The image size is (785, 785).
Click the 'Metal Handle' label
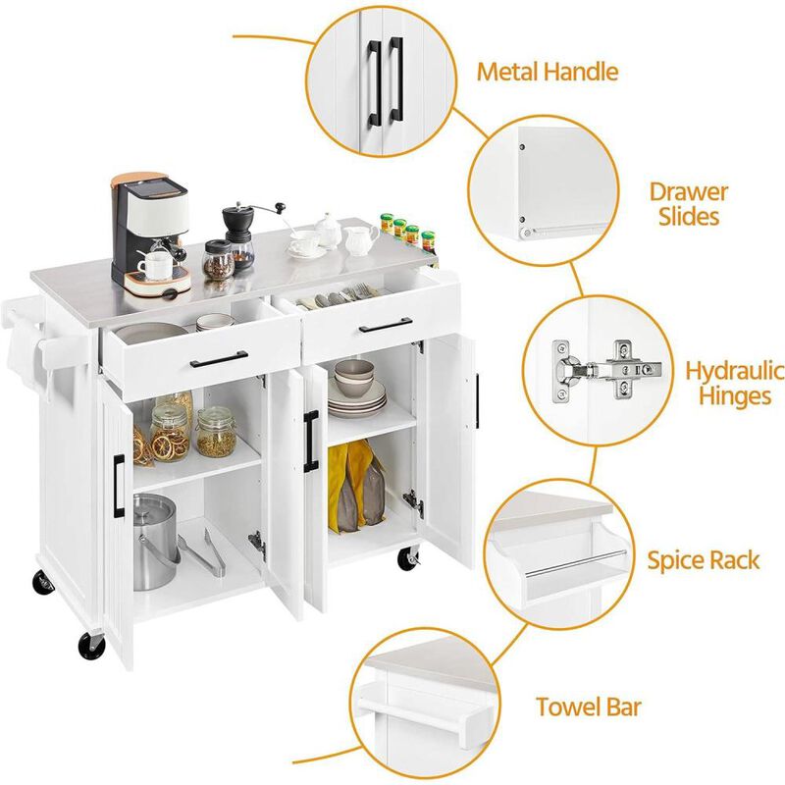point(547,72)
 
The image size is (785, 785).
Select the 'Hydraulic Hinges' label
point(734,383)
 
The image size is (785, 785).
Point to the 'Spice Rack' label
point(703,560)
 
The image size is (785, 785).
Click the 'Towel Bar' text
point(588,706)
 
